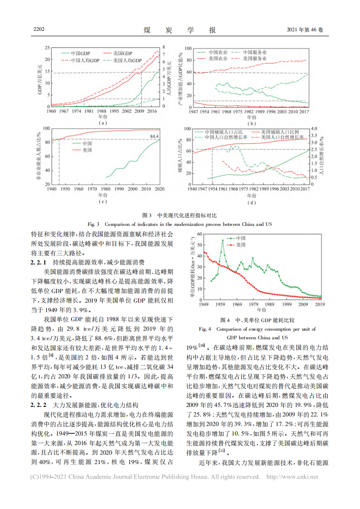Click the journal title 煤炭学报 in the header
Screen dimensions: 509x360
[180, 30]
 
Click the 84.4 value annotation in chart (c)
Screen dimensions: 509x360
[154, 136]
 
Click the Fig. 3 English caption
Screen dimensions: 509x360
[180, 224]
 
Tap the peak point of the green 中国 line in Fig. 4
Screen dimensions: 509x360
[222, 240]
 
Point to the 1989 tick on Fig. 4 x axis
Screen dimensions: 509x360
[271, 304]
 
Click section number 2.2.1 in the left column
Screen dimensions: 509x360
[39, 262]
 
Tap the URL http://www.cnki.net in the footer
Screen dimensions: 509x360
[291, 477]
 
